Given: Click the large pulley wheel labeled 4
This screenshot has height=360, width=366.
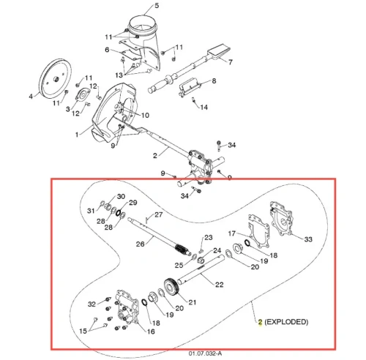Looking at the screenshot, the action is [x=55, y=79].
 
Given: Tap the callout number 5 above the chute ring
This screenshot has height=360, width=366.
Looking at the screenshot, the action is [x=157, y=5].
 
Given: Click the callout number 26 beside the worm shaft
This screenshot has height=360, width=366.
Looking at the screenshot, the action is [x=140, y=244].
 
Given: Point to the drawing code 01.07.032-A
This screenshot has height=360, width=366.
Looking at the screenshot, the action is [x=205, y=353].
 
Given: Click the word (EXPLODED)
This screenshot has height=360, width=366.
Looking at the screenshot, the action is [x=286, y=322].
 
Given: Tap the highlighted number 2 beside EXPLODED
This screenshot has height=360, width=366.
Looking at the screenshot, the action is [x=260, y=322].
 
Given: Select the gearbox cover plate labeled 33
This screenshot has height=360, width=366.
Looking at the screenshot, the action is [x=281, y=219].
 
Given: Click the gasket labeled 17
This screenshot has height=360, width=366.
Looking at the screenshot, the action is [x=258, y=231].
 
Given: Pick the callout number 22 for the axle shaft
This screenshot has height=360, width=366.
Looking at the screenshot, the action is [x=219, y=285].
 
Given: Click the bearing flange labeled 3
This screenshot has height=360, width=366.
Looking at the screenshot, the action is [x=83, y=96].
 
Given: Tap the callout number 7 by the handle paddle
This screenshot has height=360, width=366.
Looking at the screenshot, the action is [x=230, y=62].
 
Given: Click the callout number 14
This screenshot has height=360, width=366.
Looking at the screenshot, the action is [x=204, y=108].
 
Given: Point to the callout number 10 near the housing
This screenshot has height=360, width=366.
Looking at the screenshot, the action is [x=145, y=115].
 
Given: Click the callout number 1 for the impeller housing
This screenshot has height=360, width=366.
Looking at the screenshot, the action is [x=77, y=135].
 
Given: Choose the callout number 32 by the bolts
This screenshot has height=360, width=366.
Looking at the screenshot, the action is [x=91, y=304].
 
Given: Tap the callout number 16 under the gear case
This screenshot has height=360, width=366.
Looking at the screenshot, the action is [x=151, y=331].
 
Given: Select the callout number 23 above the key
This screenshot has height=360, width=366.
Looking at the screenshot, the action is [x=209, y=238].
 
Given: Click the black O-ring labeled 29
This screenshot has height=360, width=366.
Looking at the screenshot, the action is [x=119, y=212].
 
